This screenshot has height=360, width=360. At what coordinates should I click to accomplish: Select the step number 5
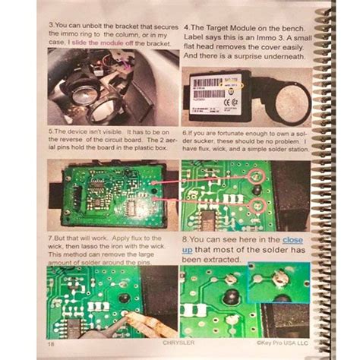[x=50, y=130]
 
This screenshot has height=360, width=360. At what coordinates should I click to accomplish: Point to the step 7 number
[x=50, y=238]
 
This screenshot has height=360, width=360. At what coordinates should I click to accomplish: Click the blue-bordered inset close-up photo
[x=277, y=281]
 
